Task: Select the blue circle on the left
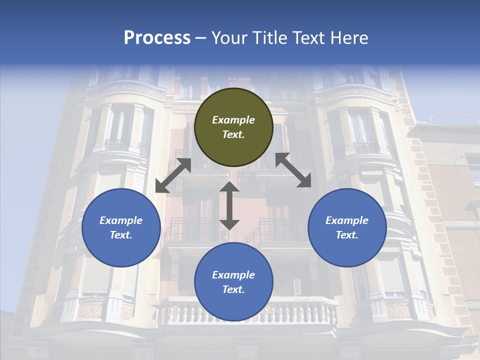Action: (121, 227)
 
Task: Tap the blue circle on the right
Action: (347, 227)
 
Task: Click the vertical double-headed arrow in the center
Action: (229, 205)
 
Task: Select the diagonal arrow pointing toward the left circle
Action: (173, 175)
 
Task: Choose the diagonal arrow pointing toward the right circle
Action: (293, 170)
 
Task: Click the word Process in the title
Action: (157, 38)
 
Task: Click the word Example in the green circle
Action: (233, 120)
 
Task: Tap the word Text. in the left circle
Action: (121, 235)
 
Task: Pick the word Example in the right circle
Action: (347, 220)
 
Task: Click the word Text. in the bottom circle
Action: (233, 289)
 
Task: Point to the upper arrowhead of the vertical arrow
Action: (229, 187)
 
